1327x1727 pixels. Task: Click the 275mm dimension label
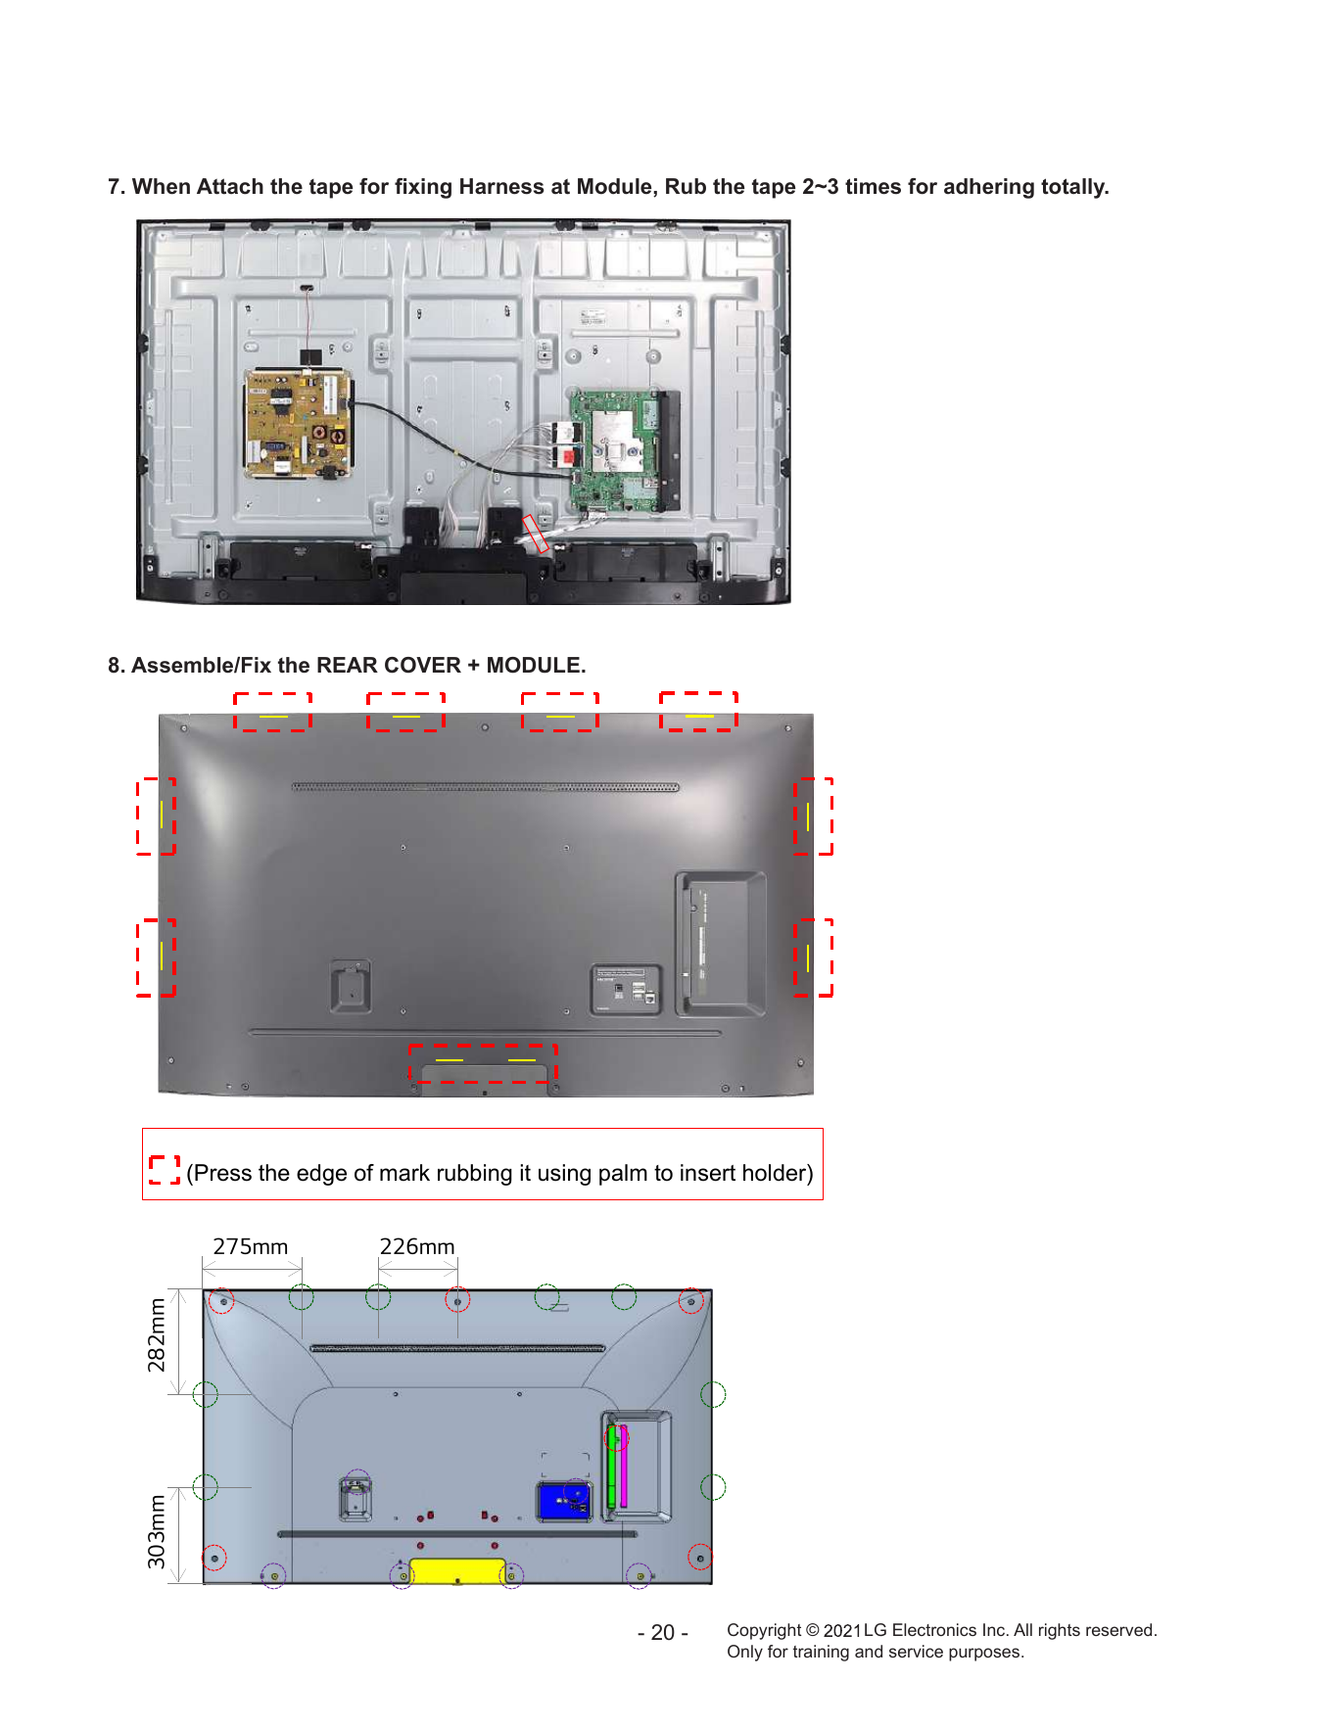[x=251, y=1246]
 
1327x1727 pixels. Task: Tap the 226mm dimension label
[x=417, y=1246]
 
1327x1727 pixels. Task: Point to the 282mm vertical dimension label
[x=157, y=1334]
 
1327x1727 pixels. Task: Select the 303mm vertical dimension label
[x=157, y=1531]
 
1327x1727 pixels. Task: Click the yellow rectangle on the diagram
[x=457, y=1570]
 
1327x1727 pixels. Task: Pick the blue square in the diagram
[x=563, y=1500]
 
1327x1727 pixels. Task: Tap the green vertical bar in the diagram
[x=612, y=1466]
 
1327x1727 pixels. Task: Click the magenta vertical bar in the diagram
[x=624, y=1466]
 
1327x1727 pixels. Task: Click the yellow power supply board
[x=298, y=423]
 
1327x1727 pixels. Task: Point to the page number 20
[x=663, y=1632]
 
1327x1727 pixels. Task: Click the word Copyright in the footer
[x=764, y=1630]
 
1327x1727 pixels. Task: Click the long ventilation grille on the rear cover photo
[x=485, y=786]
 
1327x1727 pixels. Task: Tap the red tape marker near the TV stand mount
[x=536, y=534]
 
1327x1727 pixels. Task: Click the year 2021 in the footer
[x=841, y=1630]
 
